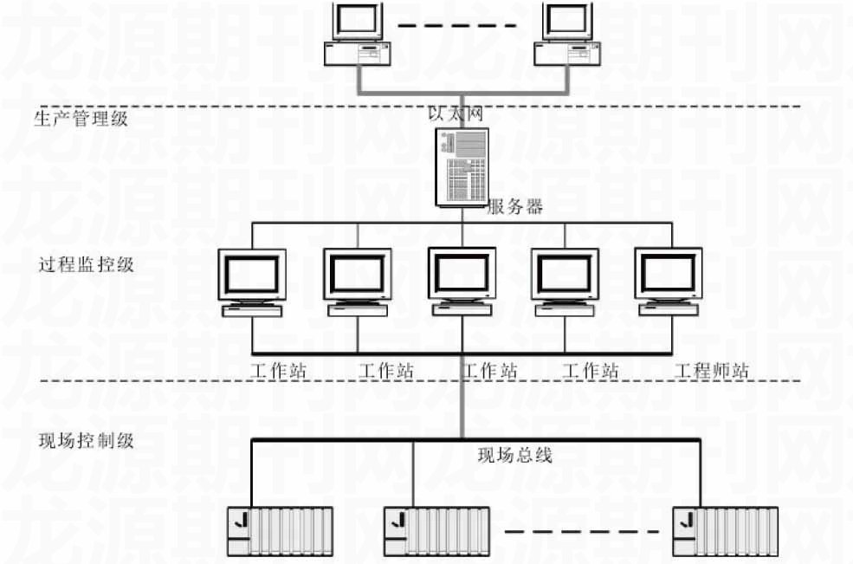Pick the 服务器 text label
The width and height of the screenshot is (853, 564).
[x=515, y=207]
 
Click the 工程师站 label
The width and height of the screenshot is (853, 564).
[x=712, y=372]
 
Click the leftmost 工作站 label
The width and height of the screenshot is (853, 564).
[x=279, y=372]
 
